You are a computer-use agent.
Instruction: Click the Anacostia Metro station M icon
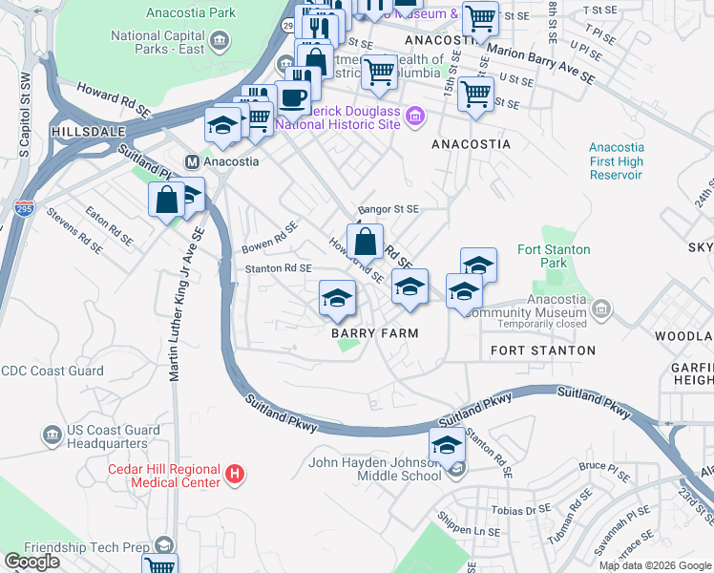[192, 161]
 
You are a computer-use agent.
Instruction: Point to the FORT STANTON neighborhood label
[542, 350]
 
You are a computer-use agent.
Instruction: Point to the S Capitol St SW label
[23, 114]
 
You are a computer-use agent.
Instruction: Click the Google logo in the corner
[31, 562]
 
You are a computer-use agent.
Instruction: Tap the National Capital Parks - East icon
[220, 40]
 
